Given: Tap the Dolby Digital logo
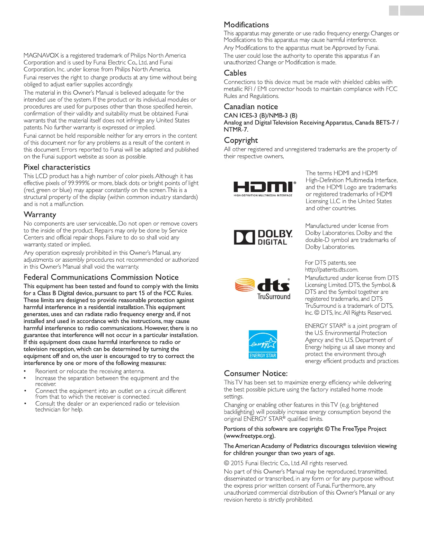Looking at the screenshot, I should coord(263,237).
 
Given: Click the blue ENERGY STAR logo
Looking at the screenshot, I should coord(263,344).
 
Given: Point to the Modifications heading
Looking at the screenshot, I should coord(246,25).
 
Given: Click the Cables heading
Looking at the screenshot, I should coord(235,73).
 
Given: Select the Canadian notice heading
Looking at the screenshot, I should coord(251,107).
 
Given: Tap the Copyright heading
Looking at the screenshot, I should coord(241,140).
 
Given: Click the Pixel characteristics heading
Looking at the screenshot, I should coord(57,167).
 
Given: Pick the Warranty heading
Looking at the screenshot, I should coord(40,215).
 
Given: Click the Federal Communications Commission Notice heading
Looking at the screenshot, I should coord(101,277).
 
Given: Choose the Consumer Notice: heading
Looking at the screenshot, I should coord(256,374).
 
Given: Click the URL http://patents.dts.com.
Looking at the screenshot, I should coord(332,270).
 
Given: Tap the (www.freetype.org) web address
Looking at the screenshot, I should coord(249,436).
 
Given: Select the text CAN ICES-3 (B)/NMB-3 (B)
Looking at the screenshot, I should coord(260,115).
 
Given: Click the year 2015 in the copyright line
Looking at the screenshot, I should coord(237,463).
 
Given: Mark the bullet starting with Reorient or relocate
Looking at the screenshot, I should coord(90,371).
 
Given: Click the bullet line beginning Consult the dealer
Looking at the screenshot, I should coord(107,404).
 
